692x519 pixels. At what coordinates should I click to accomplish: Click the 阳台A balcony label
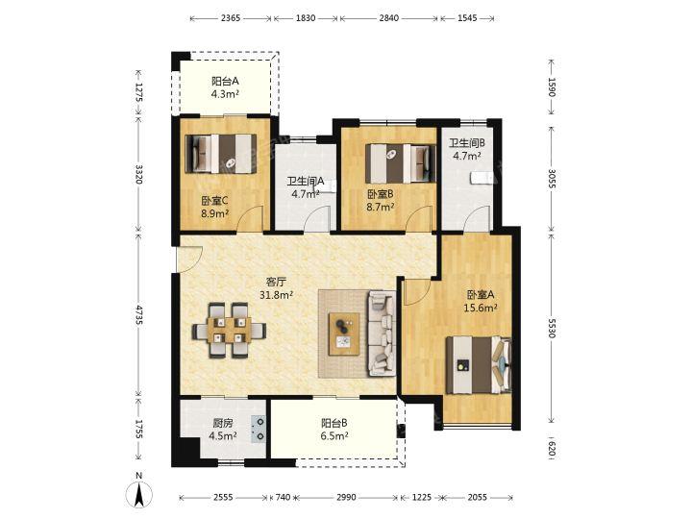tap(225, 81)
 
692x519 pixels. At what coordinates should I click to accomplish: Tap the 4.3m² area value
tap(225, 93)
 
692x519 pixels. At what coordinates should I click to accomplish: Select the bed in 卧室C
tap(221, 154)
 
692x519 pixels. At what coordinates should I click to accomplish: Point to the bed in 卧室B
tap(400, 163)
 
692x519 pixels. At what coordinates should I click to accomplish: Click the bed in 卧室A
tap(479, 365)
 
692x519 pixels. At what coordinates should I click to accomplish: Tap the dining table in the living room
tap(229, 330)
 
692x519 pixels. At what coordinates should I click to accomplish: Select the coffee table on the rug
tap(344, 334)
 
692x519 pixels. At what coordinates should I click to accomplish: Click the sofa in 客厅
tap(382, 333)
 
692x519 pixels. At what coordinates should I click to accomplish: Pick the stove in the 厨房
tap(259, 430)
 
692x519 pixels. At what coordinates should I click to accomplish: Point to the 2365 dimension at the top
tap(231, 18)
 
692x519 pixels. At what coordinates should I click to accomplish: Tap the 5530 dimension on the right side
tap(551, 328)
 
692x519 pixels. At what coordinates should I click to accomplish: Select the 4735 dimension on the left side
tap(139, 314)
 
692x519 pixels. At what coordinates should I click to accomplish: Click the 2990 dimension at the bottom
tap(346, 498)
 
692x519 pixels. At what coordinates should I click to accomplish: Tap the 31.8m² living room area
tap(277, 295)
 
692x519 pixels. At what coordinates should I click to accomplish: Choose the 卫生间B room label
tap(467, 143)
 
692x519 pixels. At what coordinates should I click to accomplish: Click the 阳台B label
tap(334, 423)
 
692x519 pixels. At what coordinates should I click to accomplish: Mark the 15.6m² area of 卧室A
tap(481, 308)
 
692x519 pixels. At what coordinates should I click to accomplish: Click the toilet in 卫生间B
tap(482, 178)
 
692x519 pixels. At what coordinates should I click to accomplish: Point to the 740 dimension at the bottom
tap(283, 498)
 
